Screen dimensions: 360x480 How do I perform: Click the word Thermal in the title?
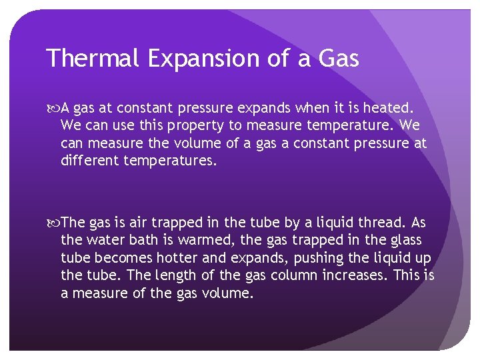point(93,58)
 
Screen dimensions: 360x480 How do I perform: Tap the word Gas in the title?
point(338,58)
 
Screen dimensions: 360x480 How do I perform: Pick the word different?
point(89,161)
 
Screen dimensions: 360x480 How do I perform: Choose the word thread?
point(379,223)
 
